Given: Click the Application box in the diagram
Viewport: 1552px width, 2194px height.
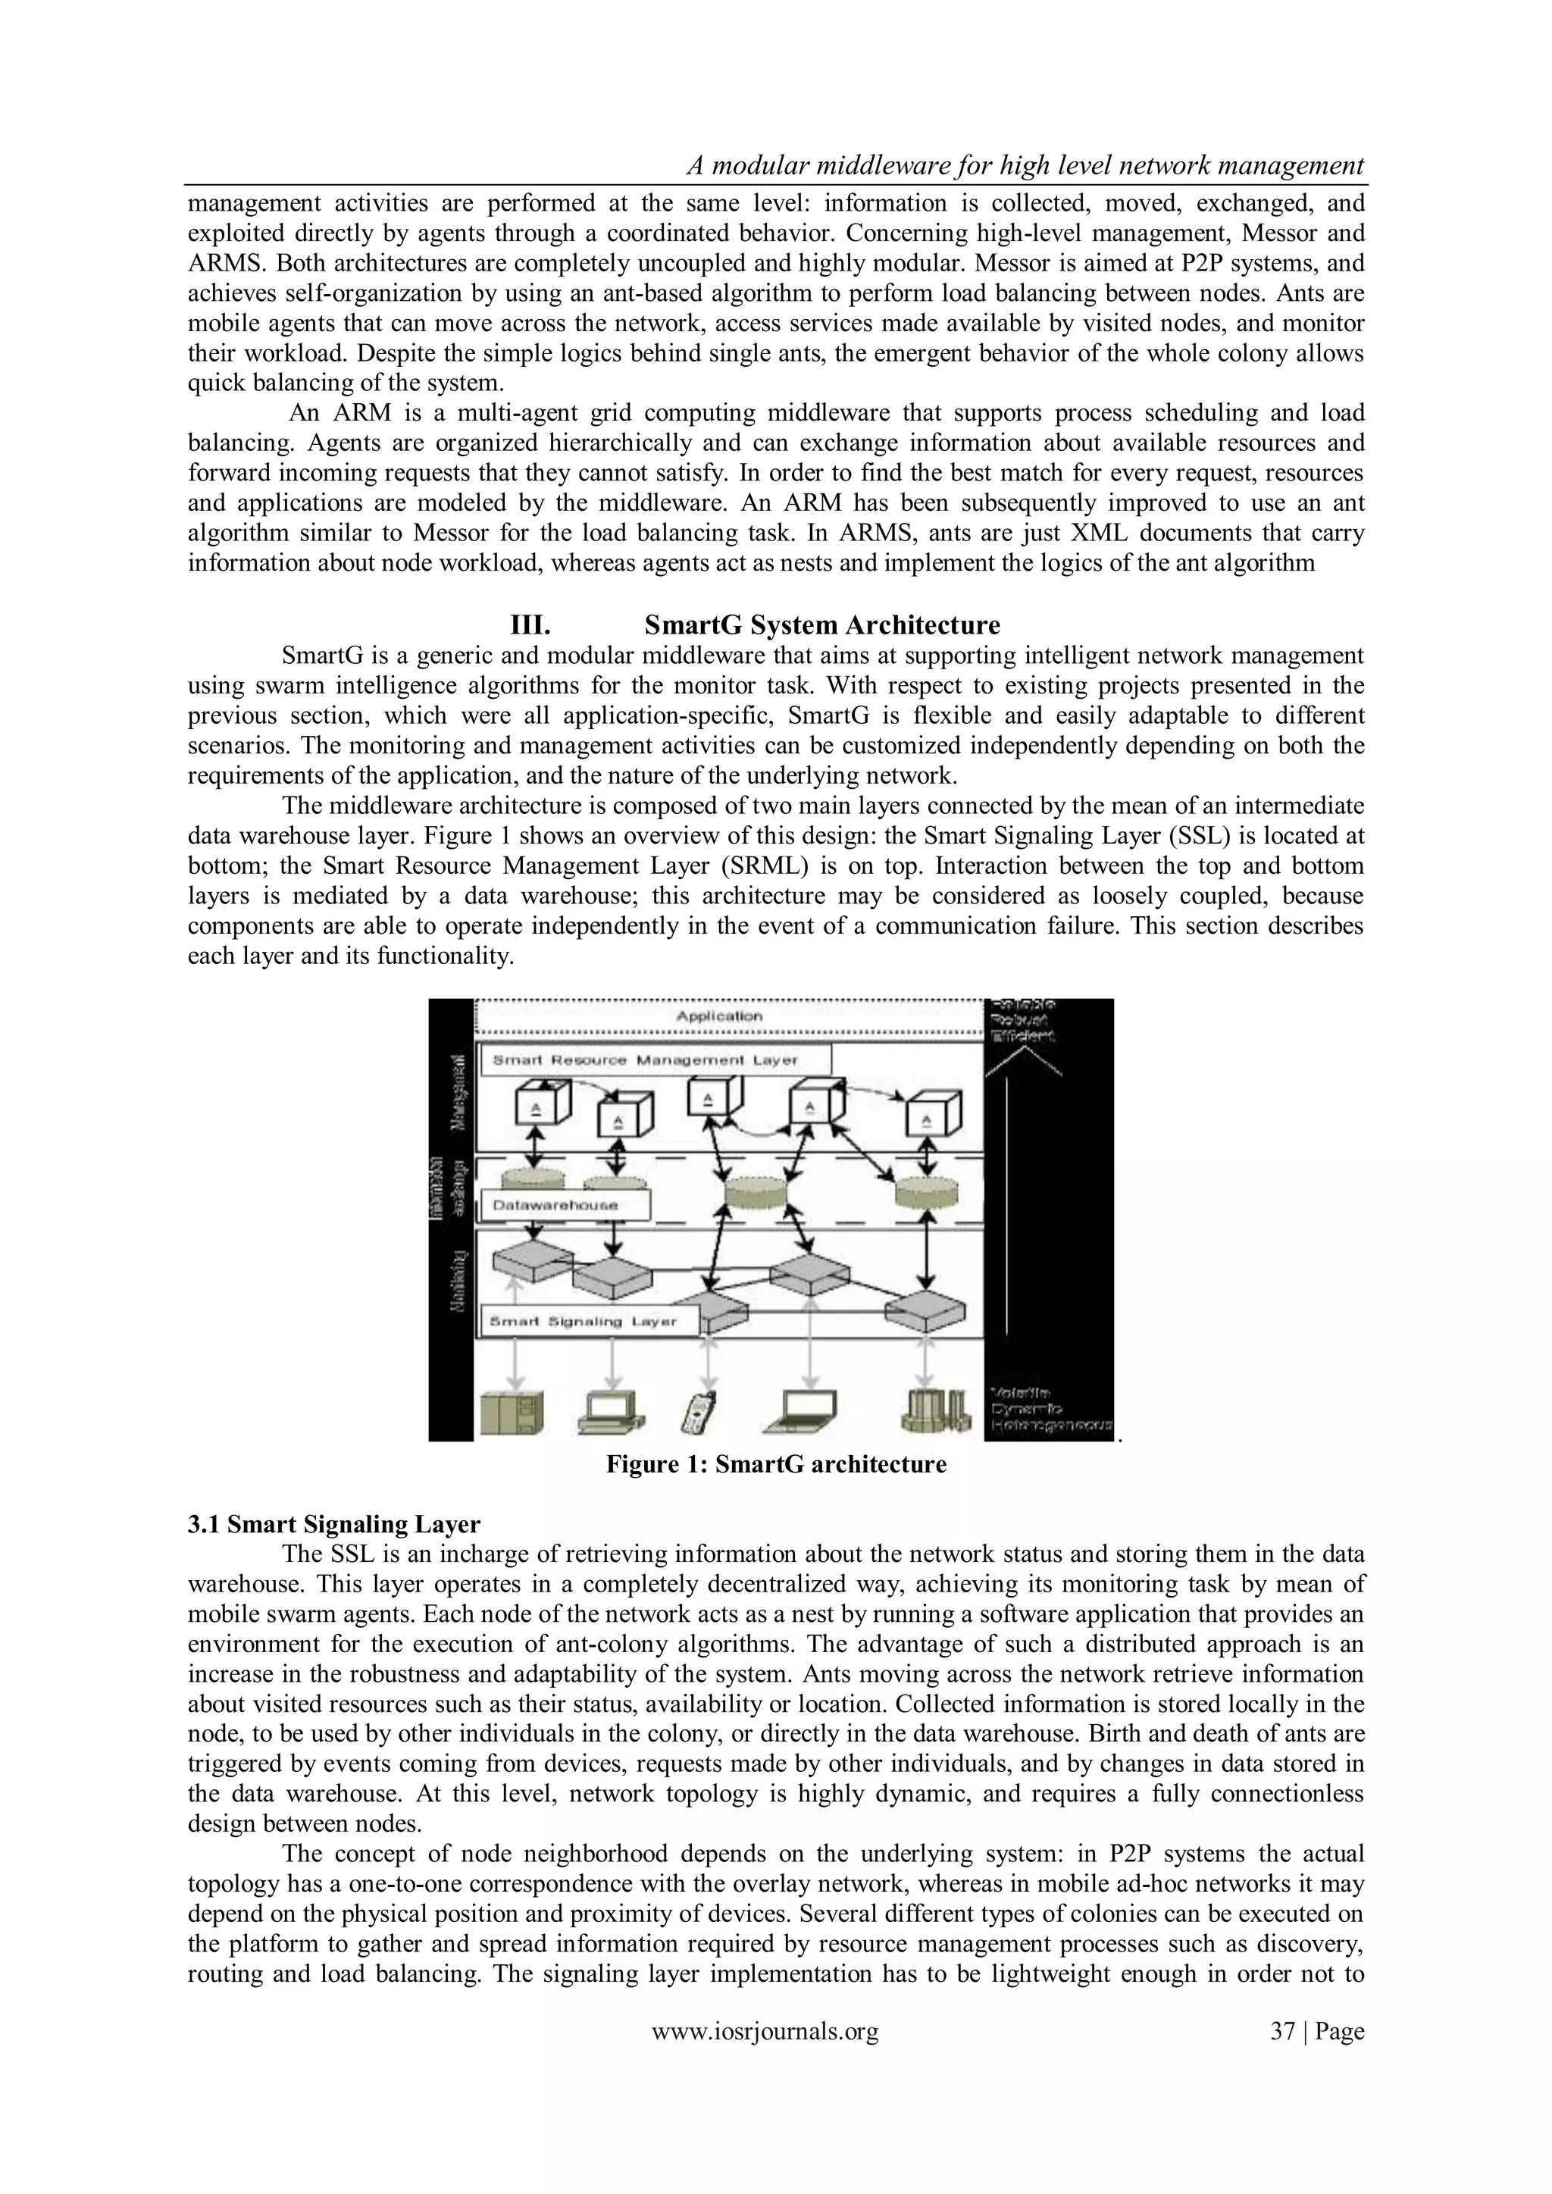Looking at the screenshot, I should click(x=718, y=1016).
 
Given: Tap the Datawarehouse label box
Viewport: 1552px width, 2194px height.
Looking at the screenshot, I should click(x=555, y=1205).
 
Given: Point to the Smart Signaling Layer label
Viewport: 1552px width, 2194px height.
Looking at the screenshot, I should click(x=583, y=1322).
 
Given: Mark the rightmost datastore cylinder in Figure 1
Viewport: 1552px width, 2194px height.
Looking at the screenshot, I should click(x=927, y=1191).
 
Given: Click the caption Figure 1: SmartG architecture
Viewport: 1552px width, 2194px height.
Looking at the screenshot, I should click(x=776, y=1465).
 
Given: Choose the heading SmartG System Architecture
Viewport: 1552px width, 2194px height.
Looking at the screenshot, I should click(x=822, y=626).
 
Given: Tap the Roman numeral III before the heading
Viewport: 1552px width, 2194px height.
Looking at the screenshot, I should click(x=530, y=626).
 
